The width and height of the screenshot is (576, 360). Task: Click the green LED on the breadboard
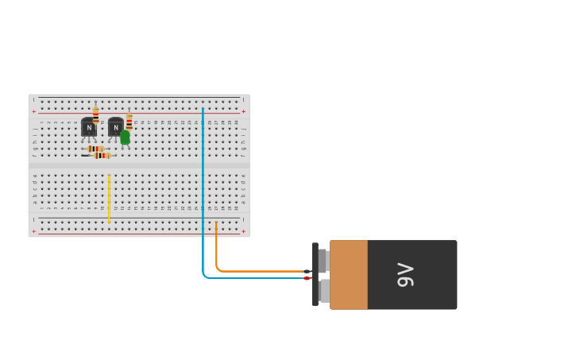point(125,137)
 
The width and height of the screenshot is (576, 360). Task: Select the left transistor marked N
point(88,127)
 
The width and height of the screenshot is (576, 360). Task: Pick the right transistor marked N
point(115,127)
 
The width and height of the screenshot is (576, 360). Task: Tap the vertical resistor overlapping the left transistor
point(96,115)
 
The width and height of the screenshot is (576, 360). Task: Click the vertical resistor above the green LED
point(130,121)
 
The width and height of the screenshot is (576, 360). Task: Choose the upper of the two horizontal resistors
point(95,149)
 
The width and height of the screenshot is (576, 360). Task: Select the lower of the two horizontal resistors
point(101,156)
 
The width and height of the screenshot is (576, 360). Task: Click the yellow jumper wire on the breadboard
point(109,199)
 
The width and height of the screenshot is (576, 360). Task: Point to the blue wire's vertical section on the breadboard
point(203,175)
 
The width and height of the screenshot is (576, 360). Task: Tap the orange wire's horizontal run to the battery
point(262,271)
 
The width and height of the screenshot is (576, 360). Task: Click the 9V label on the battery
point(405,275)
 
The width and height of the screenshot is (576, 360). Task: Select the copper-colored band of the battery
point(349,275)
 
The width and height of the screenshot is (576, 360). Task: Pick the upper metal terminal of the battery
point(323,260)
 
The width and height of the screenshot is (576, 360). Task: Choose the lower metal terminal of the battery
point(324,291)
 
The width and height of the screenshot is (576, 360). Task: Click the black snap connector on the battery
point(315,274)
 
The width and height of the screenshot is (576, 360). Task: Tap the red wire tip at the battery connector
point(307,278)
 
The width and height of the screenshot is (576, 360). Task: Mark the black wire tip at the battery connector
point(307,272)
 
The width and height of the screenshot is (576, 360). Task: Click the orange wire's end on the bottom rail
point(216,224)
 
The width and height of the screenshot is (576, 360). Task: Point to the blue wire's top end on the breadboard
point(203,110)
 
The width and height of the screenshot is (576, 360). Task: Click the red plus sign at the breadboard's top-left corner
point(33,111)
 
